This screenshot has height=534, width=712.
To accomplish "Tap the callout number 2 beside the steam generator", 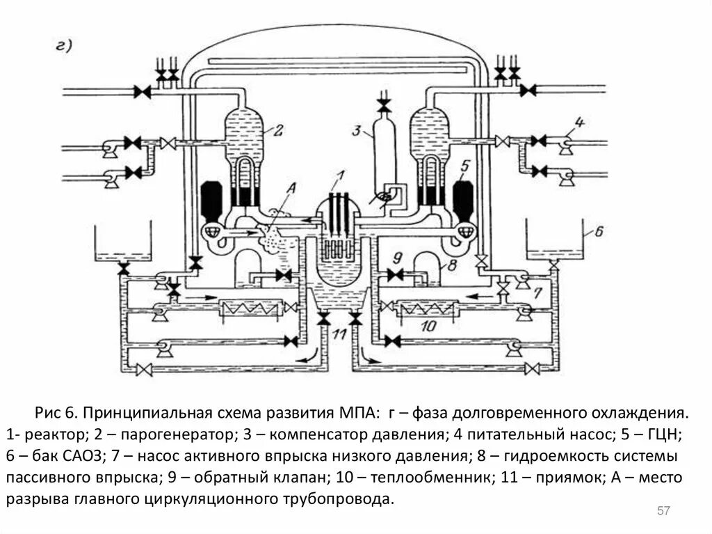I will [277, 129].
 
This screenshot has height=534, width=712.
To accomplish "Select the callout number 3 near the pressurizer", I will [357, 130].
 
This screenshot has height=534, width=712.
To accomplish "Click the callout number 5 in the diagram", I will [466, 165].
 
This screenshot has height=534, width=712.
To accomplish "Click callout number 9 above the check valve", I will [398, 256].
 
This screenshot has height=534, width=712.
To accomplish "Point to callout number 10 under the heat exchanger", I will [429, 324].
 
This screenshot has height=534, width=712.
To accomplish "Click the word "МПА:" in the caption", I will [355, 414].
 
